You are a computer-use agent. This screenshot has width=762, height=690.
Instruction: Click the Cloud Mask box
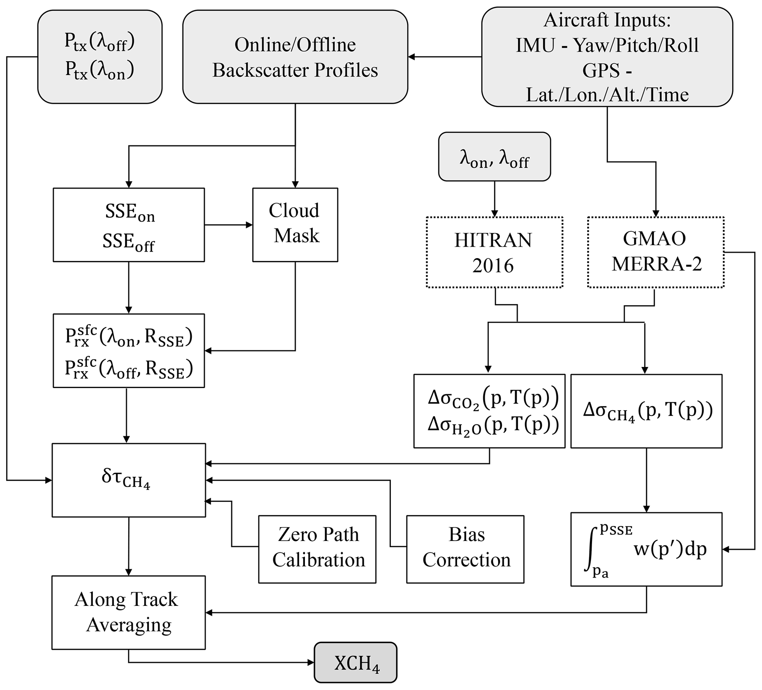click(295, 225)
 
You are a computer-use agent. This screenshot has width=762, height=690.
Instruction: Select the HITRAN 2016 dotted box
click(494, 252)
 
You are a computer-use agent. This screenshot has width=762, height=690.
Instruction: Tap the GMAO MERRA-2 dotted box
click(655, 252)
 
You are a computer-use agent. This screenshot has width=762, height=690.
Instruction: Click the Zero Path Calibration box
click(317, 549)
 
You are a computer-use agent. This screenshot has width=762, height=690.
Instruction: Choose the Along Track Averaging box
click(129, 612)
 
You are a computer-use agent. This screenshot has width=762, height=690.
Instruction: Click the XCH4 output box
click(355, 662)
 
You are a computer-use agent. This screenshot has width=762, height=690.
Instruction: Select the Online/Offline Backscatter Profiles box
click(295, 57)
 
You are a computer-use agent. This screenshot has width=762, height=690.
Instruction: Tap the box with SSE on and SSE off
click(129, 225)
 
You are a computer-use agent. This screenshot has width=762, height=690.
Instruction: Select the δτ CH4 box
click(129, 480)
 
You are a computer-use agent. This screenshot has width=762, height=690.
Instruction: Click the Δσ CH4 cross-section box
click(646, 411)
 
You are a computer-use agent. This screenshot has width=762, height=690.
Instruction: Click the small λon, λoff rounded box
click(494, 156)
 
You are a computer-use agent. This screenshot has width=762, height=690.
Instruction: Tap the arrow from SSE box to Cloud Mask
click(228, 225)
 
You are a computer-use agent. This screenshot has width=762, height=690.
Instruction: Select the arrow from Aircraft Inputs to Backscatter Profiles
click(445, 57)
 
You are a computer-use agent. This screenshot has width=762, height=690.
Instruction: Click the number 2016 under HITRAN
click(493, 266)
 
